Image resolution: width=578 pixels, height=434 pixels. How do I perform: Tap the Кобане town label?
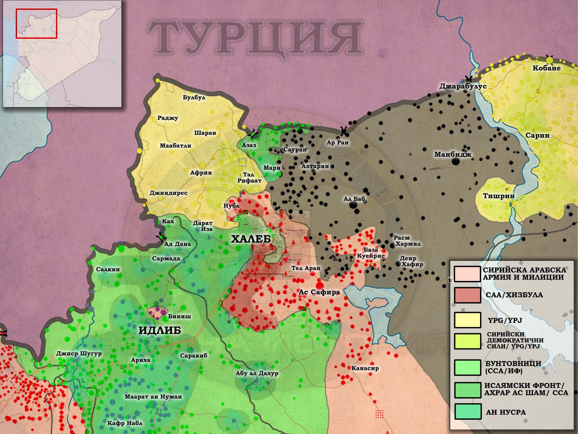click(x=547, y=68)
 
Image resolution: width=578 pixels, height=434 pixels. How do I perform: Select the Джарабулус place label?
click(x=463, y=86)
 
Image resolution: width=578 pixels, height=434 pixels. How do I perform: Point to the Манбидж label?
click(x=453, y=155)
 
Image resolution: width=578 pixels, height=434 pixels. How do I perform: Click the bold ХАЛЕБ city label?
click(x=251, y=239)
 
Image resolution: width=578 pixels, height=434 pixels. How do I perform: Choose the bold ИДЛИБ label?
click(x=160, y=330)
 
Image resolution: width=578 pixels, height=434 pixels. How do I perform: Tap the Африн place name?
click(x=201, y=173)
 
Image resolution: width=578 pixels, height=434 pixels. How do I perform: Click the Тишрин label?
click(x=499, y=196)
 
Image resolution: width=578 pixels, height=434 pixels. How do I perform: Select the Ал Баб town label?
click(x=354, y=199)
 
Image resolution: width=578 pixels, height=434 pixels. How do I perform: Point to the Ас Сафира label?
click(x=319, y=292)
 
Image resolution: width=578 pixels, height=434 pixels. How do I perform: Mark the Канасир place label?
click(x=365, y=368)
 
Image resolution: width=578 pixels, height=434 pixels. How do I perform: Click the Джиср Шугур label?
click(x=79, y=354)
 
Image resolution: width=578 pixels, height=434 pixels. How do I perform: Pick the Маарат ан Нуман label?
click(x=153, y=397)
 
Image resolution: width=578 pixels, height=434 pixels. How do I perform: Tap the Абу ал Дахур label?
click(x=257, y=373)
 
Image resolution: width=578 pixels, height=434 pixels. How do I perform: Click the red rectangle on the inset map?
click(x=36, y=24)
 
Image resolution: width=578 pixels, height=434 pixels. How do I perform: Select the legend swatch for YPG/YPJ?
click(x=467, y=320)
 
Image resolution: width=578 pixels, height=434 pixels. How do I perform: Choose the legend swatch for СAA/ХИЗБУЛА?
click(x=467, y=295)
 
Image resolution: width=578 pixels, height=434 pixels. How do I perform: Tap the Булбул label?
click(x=194, y=98)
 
